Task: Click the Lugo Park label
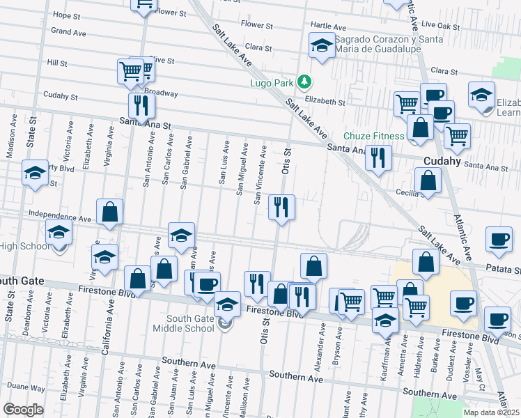pos(272,83)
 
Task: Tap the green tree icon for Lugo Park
pos(304,83)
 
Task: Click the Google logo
pos(23,410)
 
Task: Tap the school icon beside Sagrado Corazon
pos(321,47)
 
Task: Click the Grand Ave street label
pos(68,32)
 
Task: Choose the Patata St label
pos(507,268)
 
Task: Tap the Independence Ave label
pos(60,217)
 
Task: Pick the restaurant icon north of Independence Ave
pos(281,207)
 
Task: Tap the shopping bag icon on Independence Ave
pos(110,212)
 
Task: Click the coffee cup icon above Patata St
pos(498,239)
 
